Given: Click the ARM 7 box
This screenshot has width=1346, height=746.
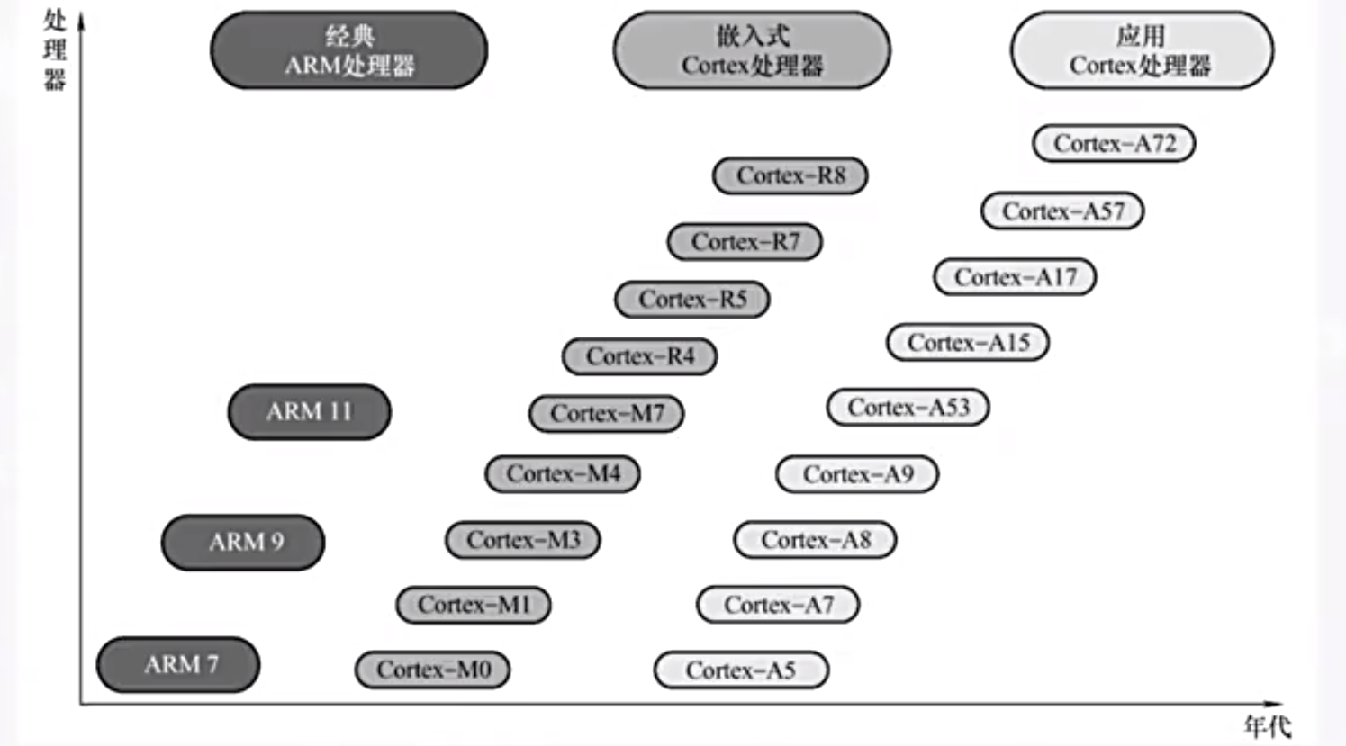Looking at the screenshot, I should coord(178,665).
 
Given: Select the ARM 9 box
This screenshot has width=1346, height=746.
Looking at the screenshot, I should coord(243,542).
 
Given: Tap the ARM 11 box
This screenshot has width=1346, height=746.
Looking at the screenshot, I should coord(309,412).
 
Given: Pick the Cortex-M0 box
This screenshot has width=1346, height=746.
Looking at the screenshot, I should coord(433,670).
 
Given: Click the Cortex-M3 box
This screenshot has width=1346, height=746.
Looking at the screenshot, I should coord(523,540).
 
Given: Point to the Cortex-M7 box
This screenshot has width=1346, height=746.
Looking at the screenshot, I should coord(607,414).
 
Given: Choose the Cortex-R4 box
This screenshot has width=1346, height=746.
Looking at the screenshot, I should coord(640,357).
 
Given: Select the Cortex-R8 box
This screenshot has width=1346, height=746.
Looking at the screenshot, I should coord(790,175).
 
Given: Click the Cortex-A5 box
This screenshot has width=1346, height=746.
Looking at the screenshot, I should coord(741,670).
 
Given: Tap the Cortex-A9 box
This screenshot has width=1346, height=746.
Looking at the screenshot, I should coord(857,474).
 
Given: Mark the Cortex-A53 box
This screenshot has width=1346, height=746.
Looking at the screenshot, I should coord(908,408).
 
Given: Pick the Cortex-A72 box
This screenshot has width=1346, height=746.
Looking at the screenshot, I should coord(1114,144).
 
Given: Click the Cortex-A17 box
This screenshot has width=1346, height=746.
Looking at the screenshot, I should coord(1015,277).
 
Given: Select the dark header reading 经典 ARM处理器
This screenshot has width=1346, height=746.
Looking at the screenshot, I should coord(349,50).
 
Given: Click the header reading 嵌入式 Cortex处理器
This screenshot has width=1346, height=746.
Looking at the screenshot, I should coord(752,50).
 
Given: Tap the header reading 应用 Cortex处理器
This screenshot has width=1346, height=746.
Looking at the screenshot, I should coord(1142,50).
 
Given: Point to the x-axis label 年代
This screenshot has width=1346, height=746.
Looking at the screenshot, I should coord(1267,725).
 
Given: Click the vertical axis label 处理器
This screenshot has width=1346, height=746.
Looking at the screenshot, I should coord(55,50).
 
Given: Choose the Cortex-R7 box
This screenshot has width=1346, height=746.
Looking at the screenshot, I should coord(745,242).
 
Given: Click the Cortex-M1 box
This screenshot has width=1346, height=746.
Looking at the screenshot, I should coord(474,605).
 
